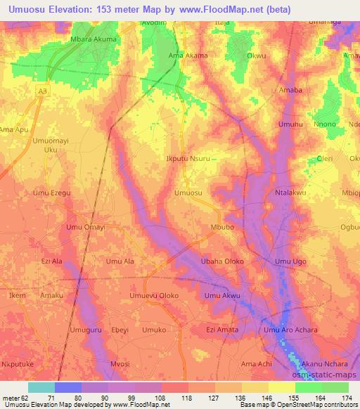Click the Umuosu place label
(x=188, y=193)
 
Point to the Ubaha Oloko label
(x=222, y=261)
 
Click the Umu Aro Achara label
(x=290, y=330)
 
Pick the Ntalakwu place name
(x=294, y=191)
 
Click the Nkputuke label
(x=19, y=364)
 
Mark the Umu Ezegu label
(x=53, y=193)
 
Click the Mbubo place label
(x=223, y=228)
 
